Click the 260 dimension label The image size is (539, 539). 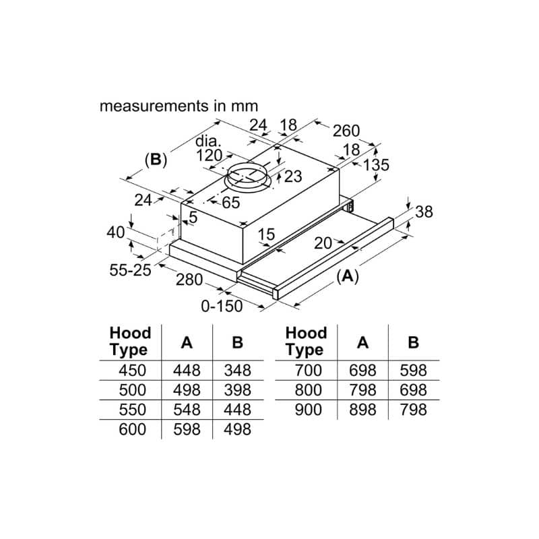pos(346,130)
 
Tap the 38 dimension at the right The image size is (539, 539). pos(422,212)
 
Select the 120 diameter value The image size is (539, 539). pos(210,156)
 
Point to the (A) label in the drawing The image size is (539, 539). pos(346,277)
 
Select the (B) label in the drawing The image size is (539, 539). pos(156,160)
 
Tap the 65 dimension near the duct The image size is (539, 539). pos(230,202)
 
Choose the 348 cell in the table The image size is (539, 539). pos(237,370)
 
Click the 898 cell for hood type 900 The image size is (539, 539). pos(362,409)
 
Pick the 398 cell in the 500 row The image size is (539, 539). pos(237,389)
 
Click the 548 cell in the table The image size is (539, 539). pos(187,409)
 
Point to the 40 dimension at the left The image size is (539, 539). pos(116,232)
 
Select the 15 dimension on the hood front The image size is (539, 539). pos(266,234)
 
